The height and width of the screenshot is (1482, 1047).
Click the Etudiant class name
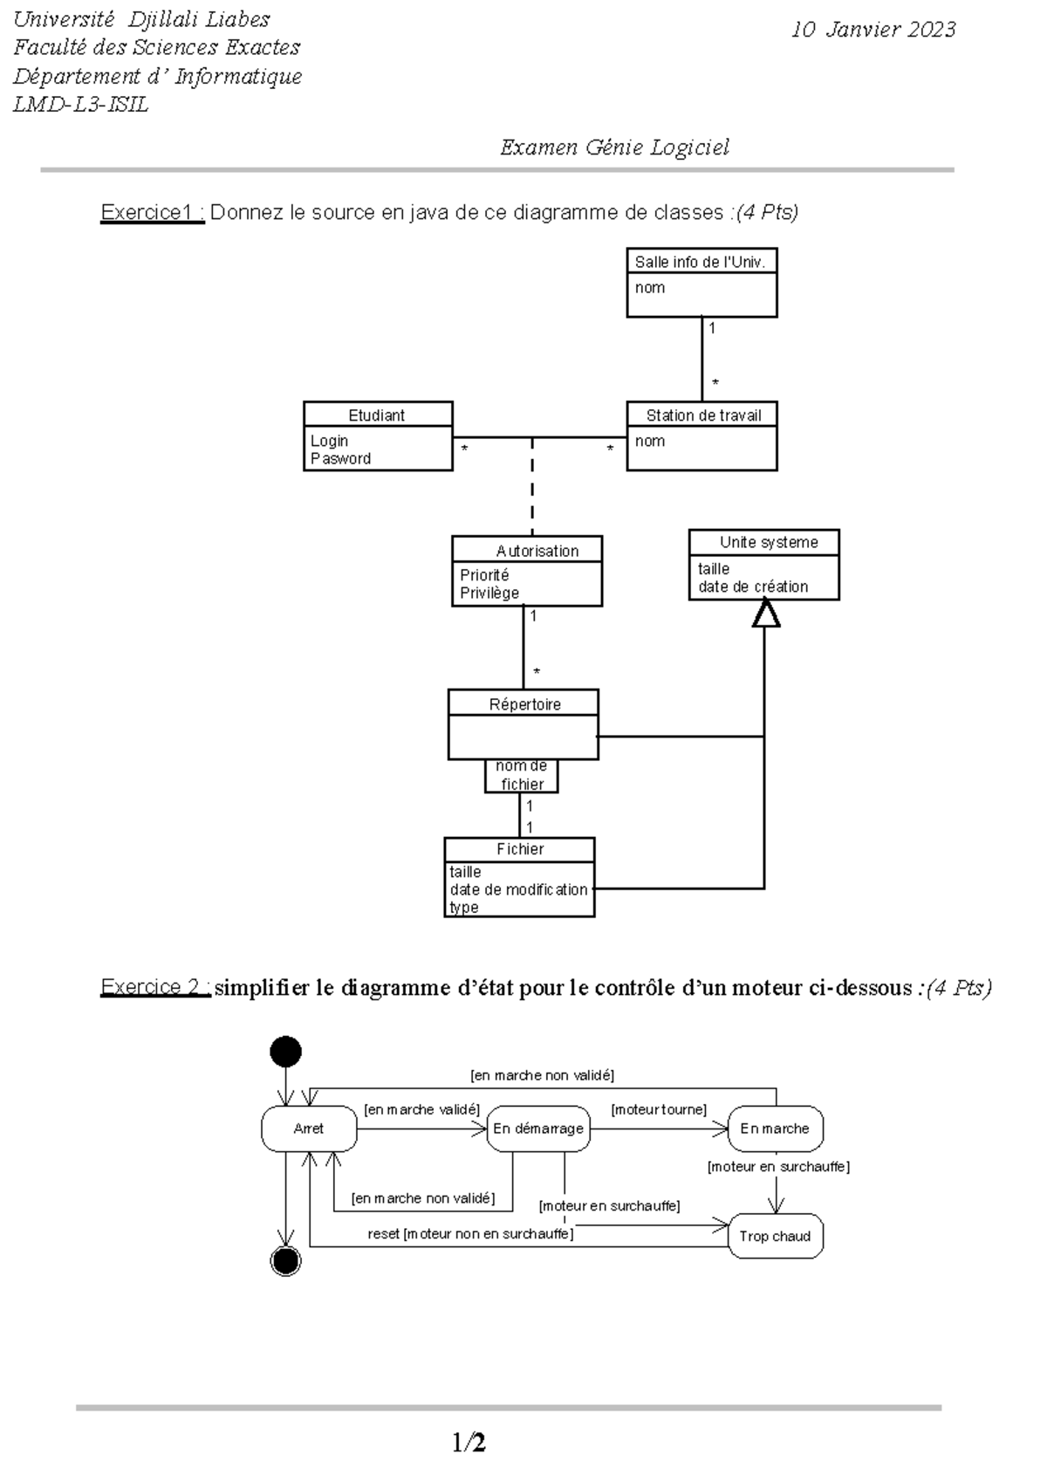[x=377, y=415]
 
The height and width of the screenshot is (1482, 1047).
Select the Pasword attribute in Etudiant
[x=341, y=459]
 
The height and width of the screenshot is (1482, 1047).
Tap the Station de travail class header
[x=702, y=415]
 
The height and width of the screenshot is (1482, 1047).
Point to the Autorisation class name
[x=537, y=551]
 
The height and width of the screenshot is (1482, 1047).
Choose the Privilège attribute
[x=489, y=593]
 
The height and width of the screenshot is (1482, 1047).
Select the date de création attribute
[x=753, y=587]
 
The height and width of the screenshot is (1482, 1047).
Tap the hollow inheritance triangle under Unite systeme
[x=765, y=614]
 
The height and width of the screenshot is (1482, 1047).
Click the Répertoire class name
[x=524, y=704]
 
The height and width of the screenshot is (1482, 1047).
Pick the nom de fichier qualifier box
[x=522, y=776]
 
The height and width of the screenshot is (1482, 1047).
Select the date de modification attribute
[x=518, y=889]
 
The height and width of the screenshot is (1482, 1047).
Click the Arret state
[x=309, y=1129]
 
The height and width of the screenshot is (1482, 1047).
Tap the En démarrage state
[x=538, y=1129]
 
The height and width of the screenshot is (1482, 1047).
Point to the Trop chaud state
[x=775, y=1236]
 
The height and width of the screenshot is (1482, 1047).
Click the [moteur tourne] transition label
[x=659, y=1109]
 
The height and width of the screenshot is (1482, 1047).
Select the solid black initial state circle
[x=286, y=1052]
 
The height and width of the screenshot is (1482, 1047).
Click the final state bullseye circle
[x=286, y=1260]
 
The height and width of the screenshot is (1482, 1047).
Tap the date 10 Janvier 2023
[x=872, y=30]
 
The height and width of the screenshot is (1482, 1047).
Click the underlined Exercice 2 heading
[x=154, y=987]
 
